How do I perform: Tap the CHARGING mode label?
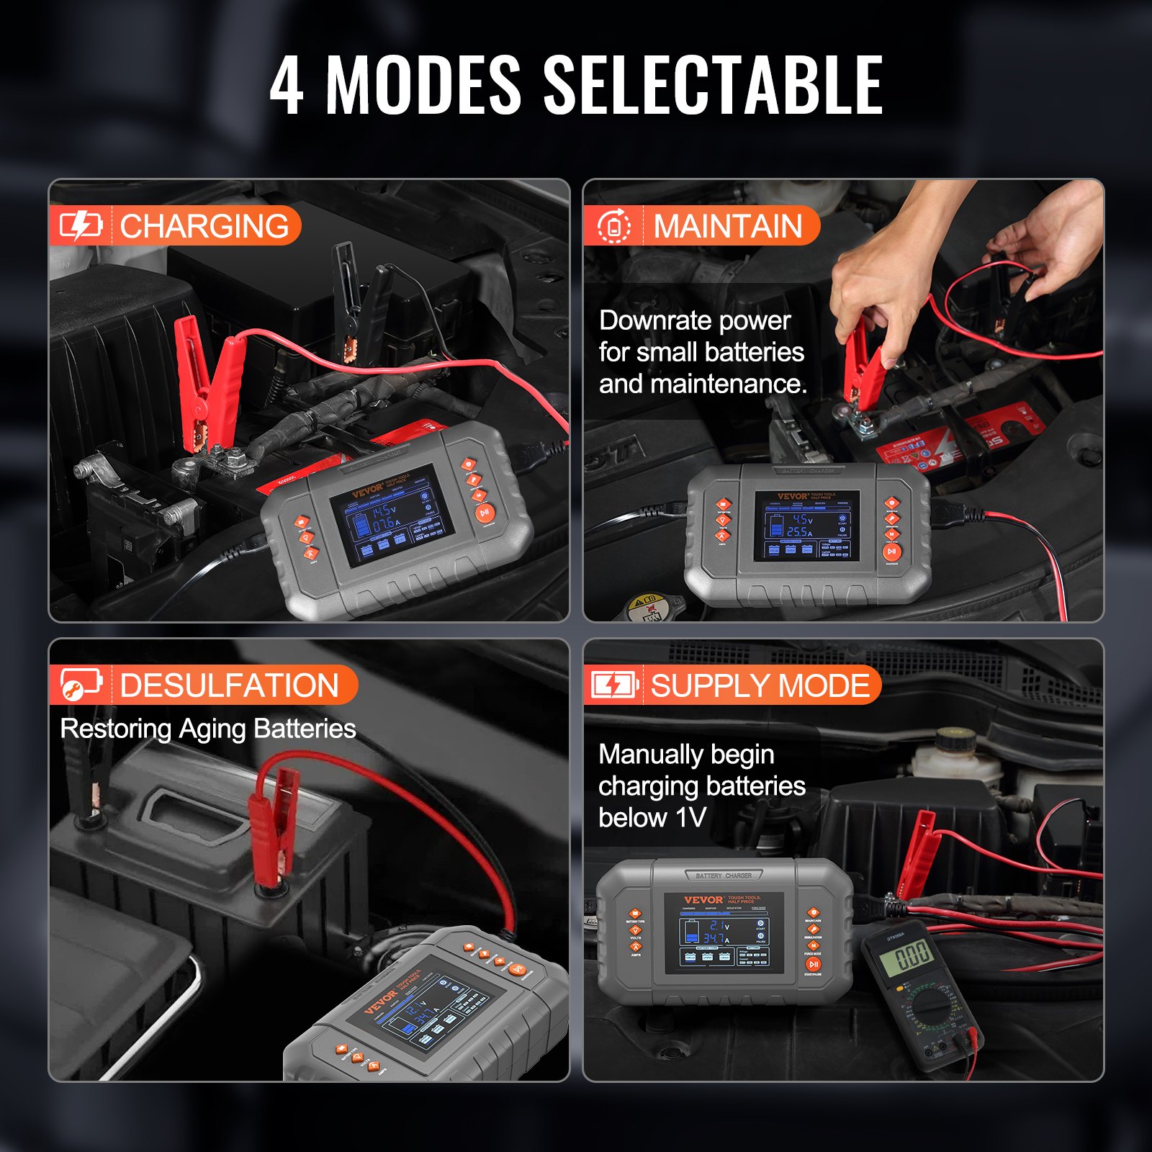click(x=204, y=226)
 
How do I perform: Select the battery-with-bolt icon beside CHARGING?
click(x=80, y=226)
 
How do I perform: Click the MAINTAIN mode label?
click(x=727, y=226)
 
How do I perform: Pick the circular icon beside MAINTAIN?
click(x=614, y=226)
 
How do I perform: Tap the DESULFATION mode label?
click(x=229, y=685)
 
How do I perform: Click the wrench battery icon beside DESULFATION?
click(x=80, y=685)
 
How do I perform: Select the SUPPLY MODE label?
click(x=760, y=685)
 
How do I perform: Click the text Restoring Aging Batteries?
click(x=207, y=729)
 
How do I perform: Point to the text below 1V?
click(x=652, y=818)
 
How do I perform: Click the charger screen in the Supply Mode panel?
click(x=724, y=932)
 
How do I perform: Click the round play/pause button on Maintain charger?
click(x=891, y=552)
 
